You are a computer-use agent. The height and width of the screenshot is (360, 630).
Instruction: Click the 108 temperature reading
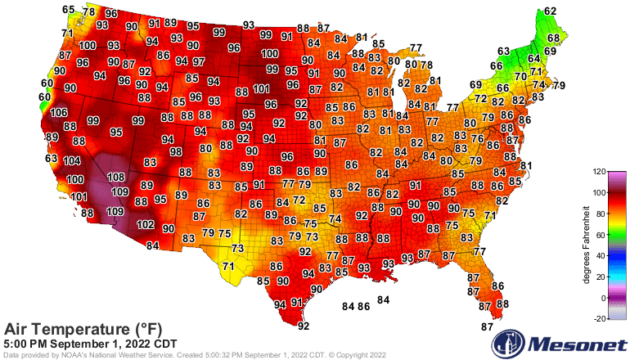[116, 178]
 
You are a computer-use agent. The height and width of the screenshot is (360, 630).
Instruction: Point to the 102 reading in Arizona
[146, 224]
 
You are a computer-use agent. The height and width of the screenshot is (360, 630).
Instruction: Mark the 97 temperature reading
[199, 62]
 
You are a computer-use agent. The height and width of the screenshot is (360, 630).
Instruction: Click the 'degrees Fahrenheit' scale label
[585, 245]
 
